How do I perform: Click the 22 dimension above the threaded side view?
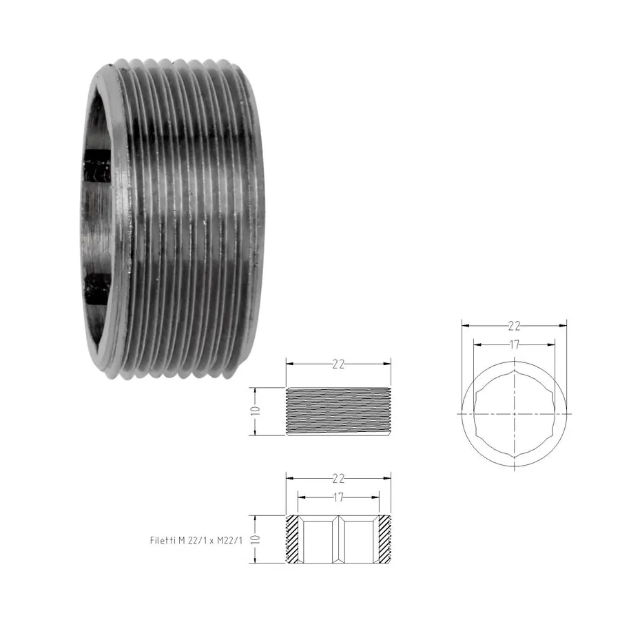coord(338,364)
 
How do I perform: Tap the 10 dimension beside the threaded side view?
coord(256,411)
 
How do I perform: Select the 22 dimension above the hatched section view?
coord(338,479)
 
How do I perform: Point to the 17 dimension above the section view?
coord(338,497)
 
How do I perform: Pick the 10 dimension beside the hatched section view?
coord(256,539)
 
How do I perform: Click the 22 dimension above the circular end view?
coord(514,326)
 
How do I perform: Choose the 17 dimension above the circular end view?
coord(514,345)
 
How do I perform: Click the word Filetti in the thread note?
coord(163,540)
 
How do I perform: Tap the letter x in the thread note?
coord(211,541)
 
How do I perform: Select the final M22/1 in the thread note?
coord(229,540)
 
